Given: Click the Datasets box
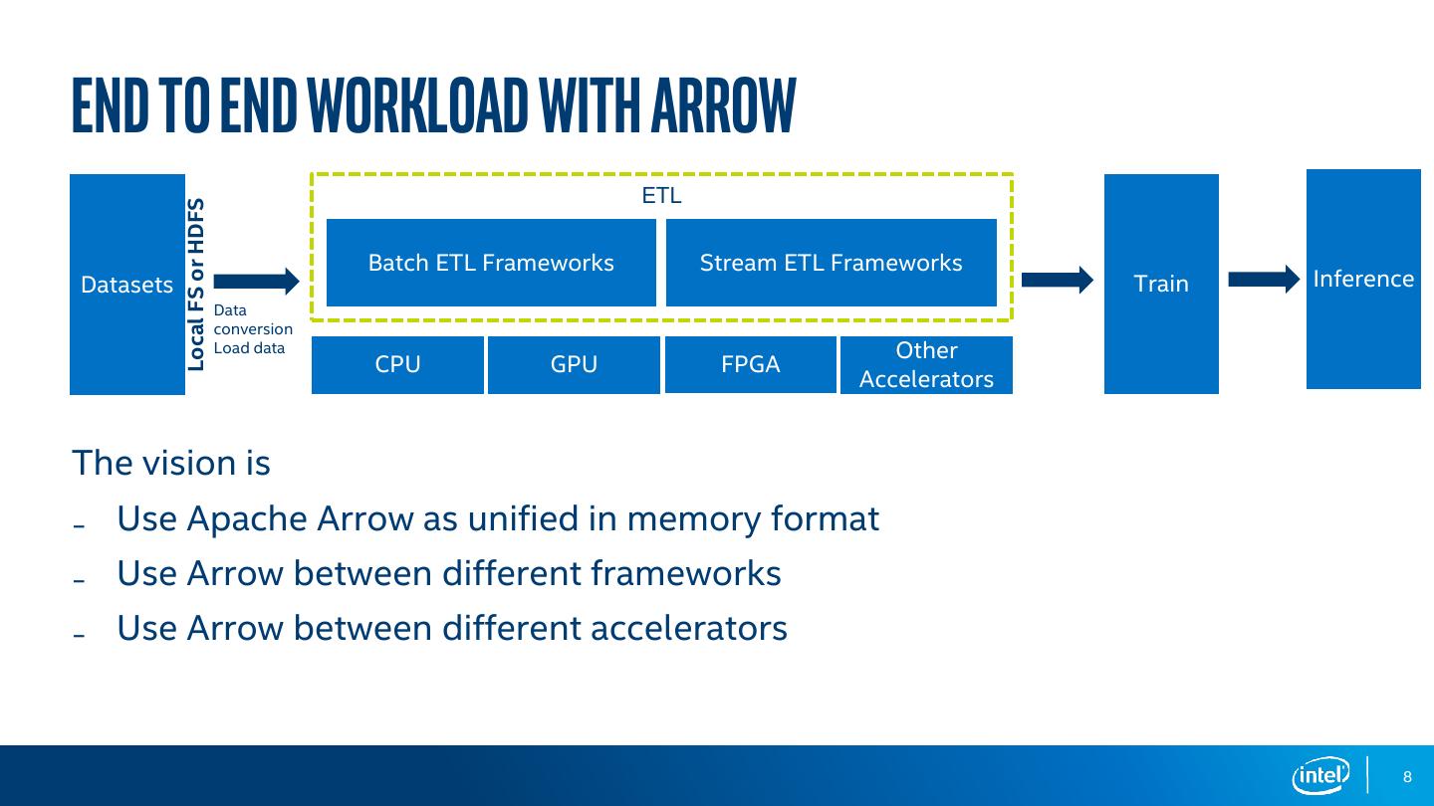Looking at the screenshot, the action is tap(127, 284).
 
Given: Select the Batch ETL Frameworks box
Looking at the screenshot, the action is tap(491, 263).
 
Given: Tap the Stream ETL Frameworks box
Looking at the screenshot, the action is tap(831, 263).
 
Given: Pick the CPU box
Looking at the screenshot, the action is tap(397, 364).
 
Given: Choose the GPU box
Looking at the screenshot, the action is tap(574, 364).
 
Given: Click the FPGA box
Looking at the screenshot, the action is tap(750, 364).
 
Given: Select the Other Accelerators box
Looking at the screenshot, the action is tap(926, 364).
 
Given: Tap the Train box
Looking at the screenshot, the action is tap(1161, 284).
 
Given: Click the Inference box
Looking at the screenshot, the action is tap(1363, 279).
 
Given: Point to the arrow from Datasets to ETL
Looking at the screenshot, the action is tap(256, 281).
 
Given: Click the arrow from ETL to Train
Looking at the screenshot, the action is tap(1057, 280).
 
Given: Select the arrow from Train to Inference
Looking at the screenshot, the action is tap(1264, 279).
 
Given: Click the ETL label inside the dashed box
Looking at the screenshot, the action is tap(661, 195).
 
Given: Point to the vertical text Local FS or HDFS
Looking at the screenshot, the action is tap(196, 285).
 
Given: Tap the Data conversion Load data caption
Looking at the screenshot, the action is tap(253, 328).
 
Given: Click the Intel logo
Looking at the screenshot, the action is tap(1321, 776).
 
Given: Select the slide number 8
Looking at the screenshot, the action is tap(1407, 776).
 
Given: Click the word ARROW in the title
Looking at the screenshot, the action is tap(723, 104).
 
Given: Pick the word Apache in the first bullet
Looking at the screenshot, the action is tap(247, 518).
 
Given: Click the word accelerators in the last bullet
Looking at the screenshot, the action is tap(689, 628).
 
